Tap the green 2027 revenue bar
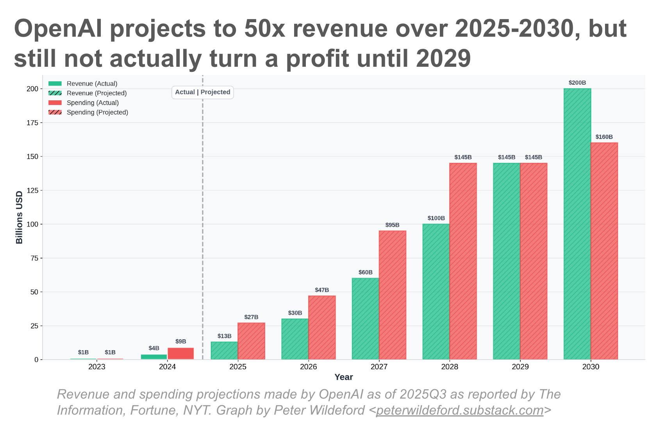pyautogui.click(x=365, y=319)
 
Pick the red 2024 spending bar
pyautogui.click(x=180, y=353)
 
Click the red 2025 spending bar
pyautogui.click(x=251, y=341)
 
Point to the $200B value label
pyautogui.click(x=577, y=83)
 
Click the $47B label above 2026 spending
pyautogui.click(x=322, y=290)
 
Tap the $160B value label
pyautogui.click(x=604, y=137)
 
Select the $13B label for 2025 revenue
pyautogui.click(x=224, y=336)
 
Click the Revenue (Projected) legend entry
pyautogui.click(x=96, y=93)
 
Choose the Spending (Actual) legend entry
pyautogui.click(x=93, y=103)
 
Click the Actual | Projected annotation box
pyautogui.click(x=202, y=92)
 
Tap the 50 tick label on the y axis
pyautogui.click(x=34, y=292)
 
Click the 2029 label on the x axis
pyautogui.click(x=520, y=367)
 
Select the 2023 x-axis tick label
pyautogui.click(x=96, y=367)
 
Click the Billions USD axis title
pyautogui.click(x=19, y=217)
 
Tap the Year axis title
pyautogui.click(x=343, y=377)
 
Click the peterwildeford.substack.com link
pyautogui.click(x=459, y=410)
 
